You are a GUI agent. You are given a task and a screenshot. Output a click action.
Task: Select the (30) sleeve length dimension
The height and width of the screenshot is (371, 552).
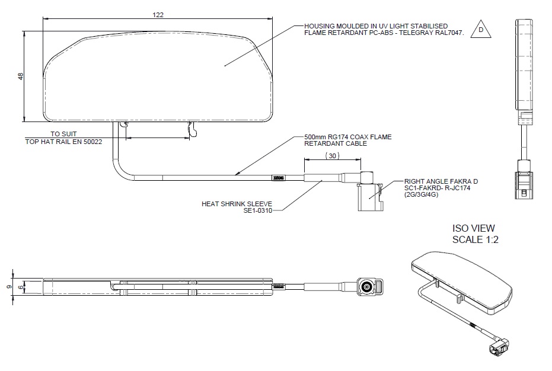[332, 155]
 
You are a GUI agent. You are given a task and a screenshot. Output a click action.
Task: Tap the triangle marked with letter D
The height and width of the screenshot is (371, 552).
[481, 30]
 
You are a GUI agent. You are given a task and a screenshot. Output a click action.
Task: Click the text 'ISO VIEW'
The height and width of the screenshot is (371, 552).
[473, 228]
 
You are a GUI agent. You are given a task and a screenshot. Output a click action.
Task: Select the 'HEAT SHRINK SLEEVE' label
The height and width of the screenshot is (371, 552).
[240, 203]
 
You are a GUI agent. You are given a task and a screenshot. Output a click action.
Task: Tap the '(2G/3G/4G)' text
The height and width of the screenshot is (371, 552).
[422, 194]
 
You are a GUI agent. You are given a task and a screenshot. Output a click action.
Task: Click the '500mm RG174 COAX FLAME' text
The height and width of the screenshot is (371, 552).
[347, 137]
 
